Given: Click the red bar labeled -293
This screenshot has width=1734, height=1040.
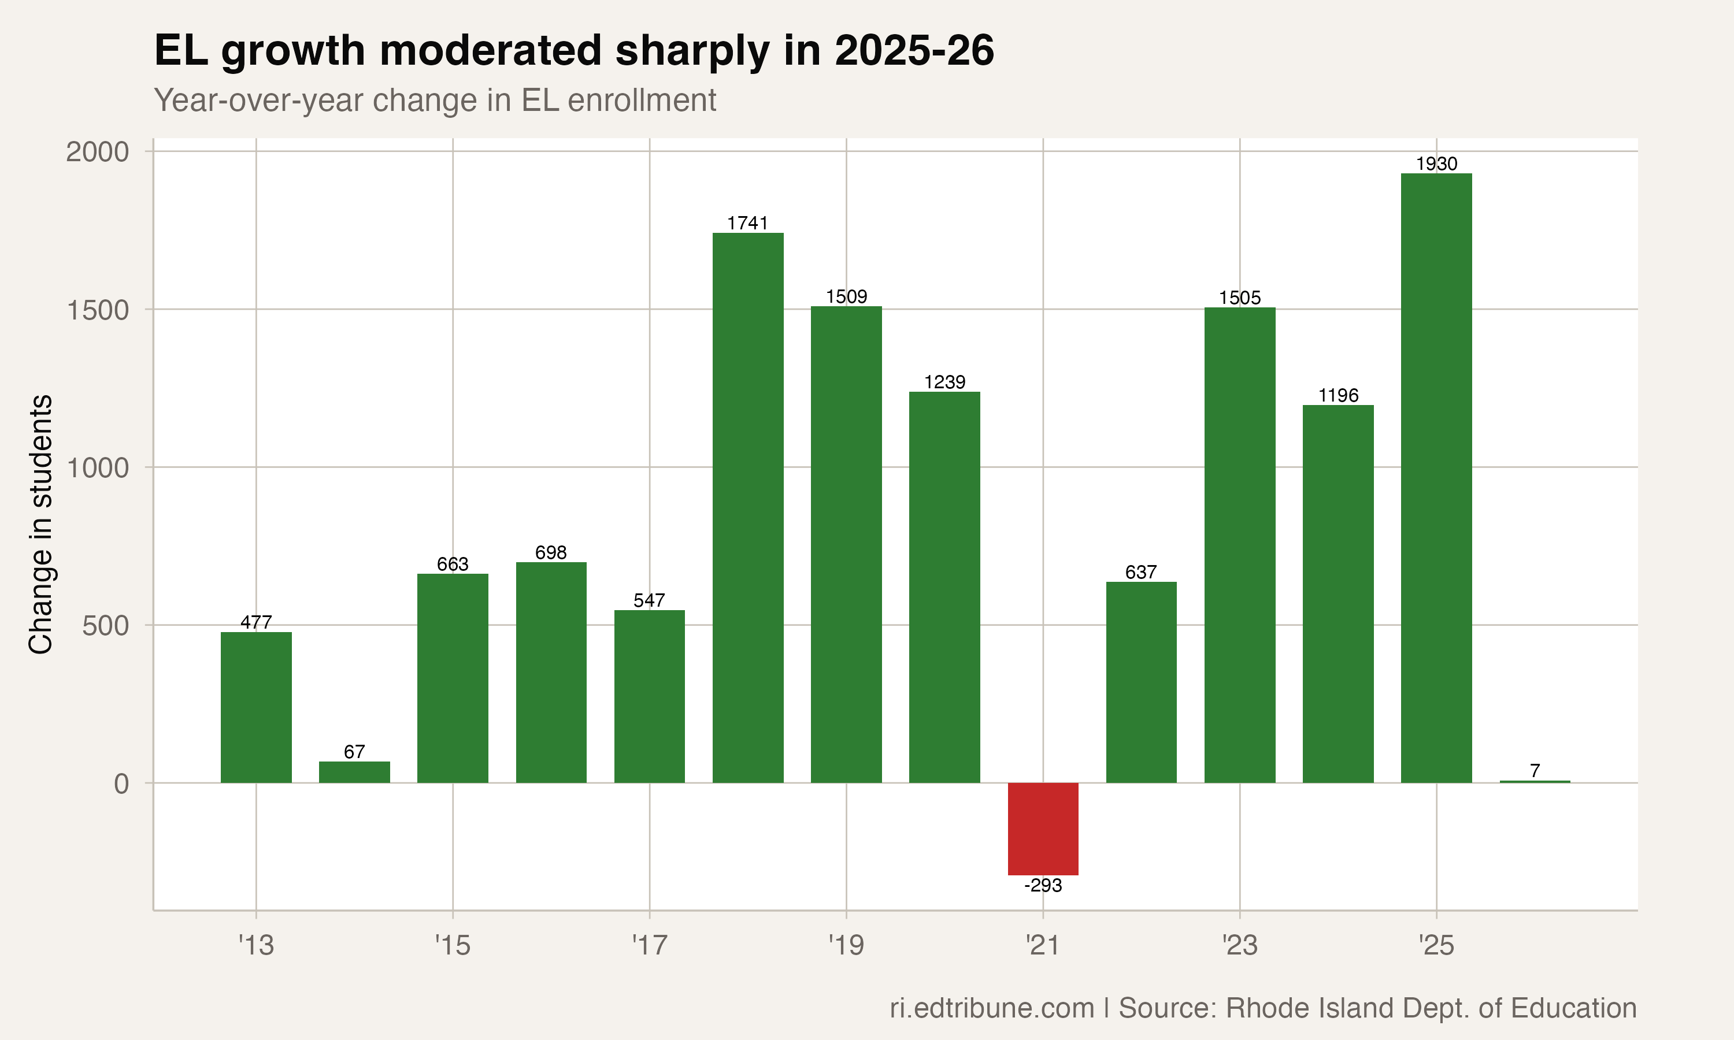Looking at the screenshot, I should (1043, 829).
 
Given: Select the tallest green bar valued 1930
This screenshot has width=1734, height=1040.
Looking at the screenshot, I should (1436, 477).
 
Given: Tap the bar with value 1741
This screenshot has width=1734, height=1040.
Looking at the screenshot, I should (748, 507).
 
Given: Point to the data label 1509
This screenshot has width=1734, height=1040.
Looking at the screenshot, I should (846, 296).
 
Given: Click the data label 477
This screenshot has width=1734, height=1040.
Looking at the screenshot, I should (256, 622).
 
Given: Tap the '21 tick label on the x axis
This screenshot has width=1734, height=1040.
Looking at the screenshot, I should (1042, 946).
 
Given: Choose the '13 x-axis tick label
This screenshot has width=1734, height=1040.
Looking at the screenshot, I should (256, 946).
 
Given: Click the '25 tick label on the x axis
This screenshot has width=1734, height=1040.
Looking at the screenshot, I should (1436, 946).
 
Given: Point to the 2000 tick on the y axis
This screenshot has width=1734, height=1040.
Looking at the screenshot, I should (98, 151).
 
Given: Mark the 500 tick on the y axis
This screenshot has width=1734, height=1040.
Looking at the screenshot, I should (106, 625).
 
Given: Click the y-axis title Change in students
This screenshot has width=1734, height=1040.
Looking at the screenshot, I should (40, 524).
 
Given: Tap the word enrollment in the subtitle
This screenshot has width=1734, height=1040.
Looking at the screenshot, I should (642, 100).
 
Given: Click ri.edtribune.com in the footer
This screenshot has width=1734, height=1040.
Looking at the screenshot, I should (992, 1008).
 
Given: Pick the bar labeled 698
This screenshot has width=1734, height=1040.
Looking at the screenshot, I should (551, 672).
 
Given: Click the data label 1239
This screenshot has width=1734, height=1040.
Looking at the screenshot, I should (944, 382).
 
